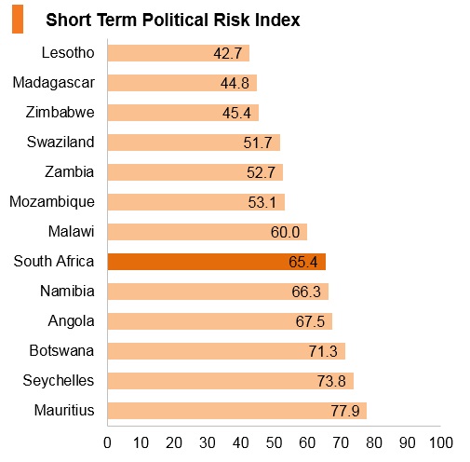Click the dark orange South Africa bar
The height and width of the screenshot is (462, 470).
(217, 262)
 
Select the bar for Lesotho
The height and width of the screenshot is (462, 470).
(179, 53)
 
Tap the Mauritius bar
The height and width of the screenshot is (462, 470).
(237, 411)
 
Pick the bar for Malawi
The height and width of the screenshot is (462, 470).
(208, 232)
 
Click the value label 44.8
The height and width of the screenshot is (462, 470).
(235, 83)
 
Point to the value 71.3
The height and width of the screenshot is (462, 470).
(323, 351)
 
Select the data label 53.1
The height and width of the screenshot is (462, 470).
(262, 202)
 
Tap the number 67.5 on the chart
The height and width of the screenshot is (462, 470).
(310, 321)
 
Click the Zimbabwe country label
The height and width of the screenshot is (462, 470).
(60, 112)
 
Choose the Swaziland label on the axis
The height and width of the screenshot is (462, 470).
(60, 142)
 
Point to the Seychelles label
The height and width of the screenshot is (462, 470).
(59, 381)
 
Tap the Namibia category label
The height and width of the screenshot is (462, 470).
(67, 292)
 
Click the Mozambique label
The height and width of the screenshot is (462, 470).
(52, 202)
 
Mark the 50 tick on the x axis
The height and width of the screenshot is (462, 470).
(274, 442)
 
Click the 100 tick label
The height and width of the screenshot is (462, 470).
(441, 442)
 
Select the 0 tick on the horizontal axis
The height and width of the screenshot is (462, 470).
(107, 442)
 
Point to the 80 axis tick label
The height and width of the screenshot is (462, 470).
(374, 442)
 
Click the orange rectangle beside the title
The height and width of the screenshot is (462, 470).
(18, 19)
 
